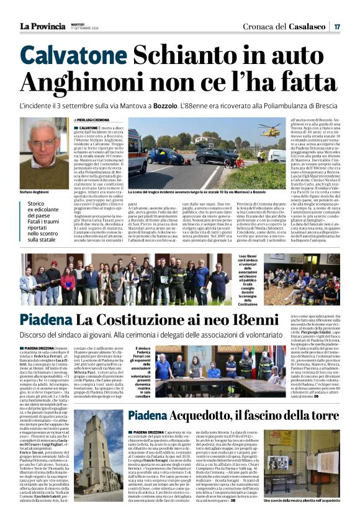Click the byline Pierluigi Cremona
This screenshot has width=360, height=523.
93,119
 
